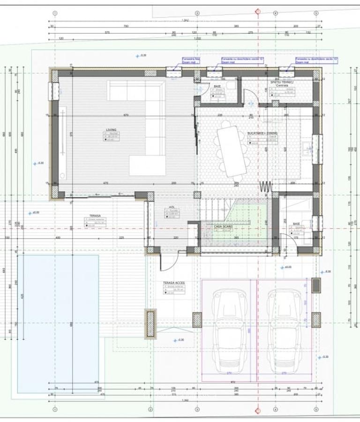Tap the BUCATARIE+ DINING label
(x=262, y=133)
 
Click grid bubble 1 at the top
(x=55, y=13)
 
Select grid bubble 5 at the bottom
(x=320, y=409)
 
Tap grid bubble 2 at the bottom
(x=150, y=409)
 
